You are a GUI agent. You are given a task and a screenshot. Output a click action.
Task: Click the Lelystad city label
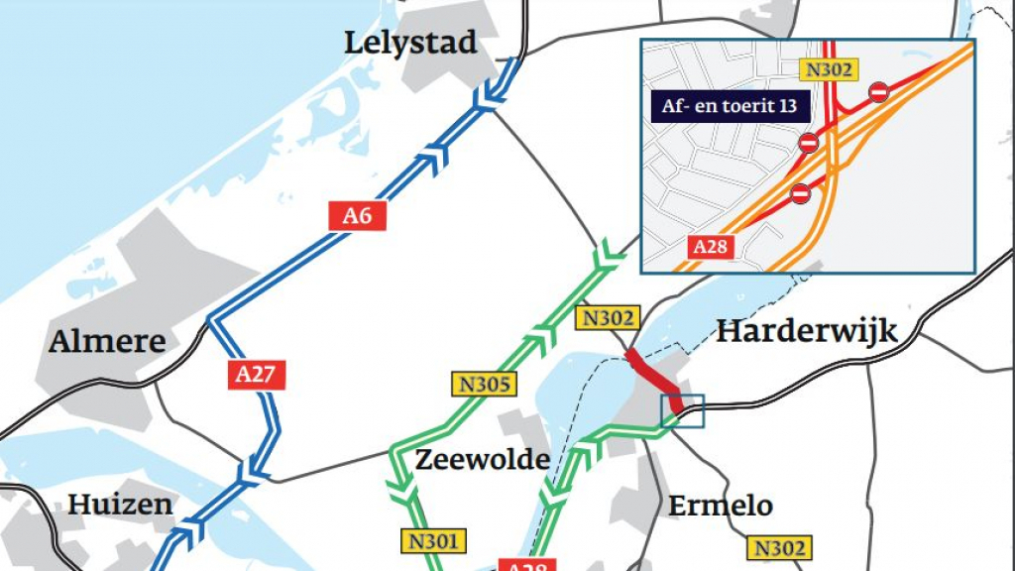[410, 43]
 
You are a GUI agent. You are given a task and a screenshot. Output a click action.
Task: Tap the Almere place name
[108, 341]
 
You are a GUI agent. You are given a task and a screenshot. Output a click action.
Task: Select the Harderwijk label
[806, 330]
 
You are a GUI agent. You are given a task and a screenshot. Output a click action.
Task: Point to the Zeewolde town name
[482, 459]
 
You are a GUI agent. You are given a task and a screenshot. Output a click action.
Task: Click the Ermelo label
[720, 505]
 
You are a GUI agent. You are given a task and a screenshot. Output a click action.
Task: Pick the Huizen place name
[119, 504]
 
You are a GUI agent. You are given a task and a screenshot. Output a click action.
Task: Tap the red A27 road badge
[261, 374]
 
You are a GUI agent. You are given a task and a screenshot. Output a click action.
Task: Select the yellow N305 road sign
[481, 383]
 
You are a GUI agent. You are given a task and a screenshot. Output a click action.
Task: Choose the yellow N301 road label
[433, 540]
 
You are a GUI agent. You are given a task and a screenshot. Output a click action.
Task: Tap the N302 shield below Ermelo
[780, 547]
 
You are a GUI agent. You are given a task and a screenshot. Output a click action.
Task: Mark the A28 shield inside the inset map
[710, 247]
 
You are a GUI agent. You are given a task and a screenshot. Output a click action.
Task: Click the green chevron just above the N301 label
[402, 491]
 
